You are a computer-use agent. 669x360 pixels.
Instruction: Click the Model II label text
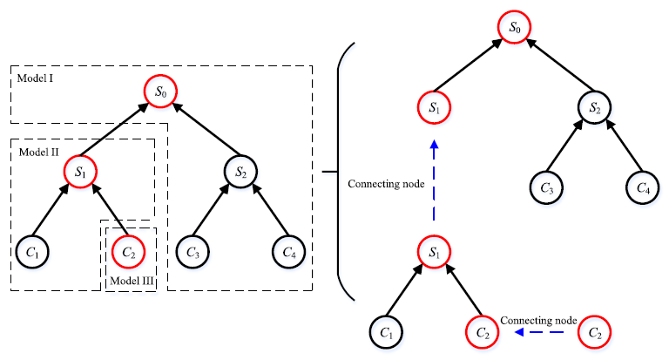pos(40,152)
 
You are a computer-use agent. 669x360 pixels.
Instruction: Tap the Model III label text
pos(130,281)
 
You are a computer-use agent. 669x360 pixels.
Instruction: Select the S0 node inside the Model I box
pos(160,91)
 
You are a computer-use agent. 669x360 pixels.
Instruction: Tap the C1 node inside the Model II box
pos(32,252)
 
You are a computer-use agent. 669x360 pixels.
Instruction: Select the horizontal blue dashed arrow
pos(543,332)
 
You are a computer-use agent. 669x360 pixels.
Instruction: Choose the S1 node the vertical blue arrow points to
pos(433,108)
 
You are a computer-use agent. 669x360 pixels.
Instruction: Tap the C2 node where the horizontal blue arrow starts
pos(595,332)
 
